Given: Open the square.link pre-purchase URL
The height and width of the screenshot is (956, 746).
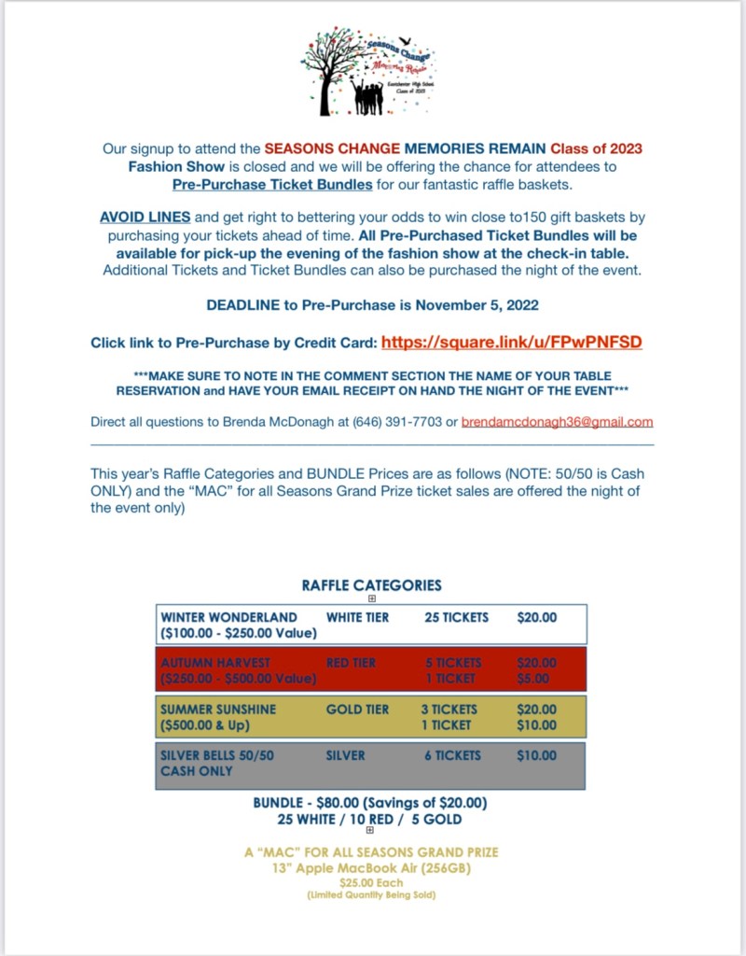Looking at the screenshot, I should coord(511,343).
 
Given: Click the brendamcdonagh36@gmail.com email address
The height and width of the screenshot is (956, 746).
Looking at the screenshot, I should coord(557,422).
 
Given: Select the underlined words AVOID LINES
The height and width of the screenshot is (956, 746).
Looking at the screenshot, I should coord(145,218).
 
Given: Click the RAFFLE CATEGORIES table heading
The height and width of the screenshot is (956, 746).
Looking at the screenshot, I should coord(371,585).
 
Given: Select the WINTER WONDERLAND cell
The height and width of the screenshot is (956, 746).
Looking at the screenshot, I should coord(228,617).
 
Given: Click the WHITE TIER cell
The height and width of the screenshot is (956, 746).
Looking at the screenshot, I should coord(357,617).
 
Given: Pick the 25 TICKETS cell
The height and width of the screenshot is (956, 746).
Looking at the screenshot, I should coord(456,617).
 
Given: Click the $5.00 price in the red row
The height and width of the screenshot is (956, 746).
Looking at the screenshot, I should coord(536,679).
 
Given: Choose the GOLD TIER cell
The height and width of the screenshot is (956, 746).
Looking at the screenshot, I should coord(357,710).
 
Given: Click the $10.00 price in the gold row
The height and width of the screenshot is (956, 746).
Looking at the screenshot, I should coord(536,725).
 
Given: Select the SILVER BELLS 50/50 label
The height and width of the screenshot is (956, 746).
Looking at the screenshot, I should coord(217,755).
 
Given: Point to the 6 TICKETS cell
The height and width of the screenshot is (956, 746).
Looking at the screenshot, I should coord(452,755).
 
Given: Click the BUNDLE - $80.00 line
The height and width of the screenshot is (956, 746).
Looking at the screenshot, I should coord(370,803).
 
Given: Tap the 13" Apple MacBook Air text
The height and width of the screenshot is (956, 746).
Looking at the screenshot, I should coord(370,868).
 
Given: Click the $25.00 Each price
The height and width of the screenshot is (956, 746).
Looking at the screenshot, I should coord(370,883).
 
